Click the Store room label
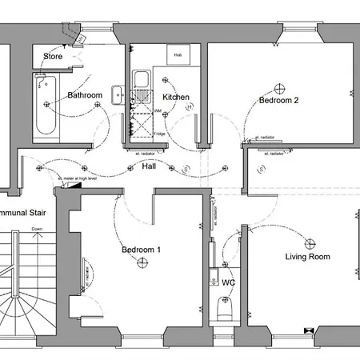53,56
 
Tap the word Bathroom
85,95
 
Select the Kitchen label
176,97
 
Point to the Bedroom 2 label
278,101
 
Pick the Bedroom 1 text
141,250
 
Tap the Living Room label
307,257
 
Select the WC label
228,282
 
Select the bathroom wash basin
118,95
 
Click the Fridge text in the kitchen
160,134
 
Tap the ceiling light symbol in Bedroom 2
279,86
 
